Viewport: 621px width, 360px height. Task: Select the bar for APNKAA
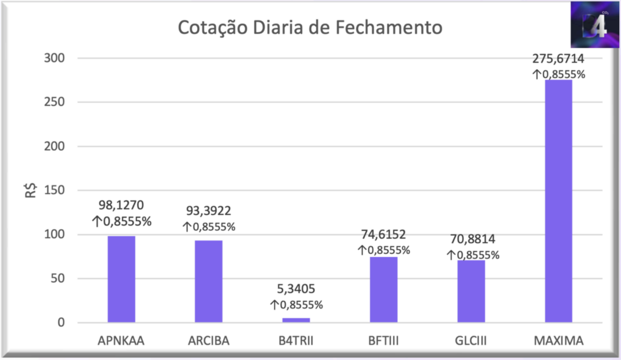(x=121, y=279)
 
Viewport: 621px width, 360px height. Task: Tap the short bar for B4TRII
(x=296, y=319)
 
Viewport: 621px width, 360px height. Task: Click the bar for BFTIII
(x=383, y=290)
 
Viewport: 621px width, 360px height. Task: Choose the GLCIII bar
(x=471, y=291)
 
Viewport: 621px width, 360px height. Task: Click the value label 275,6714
(x=558, y=59)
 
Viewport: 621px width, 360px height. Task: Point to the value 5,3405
(x=296, y=290)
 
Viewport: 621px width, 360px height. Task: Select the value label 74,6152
(x=383, y=235)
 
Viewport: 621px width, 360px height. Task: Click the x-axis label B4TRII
(x=296, y=341)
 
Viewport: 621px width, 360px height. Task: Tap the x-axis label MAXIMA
(x=559, y=341)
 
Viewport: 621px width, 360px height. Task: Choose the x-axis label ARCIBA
(x=209, y=341)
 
